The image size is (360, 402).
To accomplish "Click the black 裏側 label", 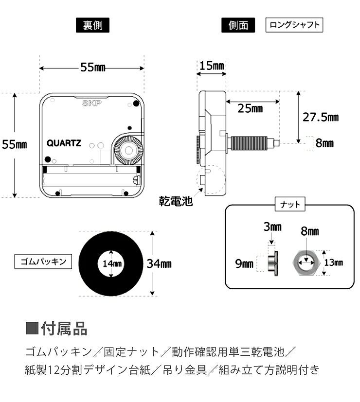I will click(x=92, y=25).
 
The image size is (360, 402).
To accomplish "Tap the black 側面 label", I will click(x=238, y=25).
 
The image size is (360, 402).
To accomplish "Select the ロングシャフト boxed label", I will click(x=294, y=25).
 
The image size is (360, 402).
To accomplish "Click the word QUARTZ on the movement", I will click(x=64, y=143).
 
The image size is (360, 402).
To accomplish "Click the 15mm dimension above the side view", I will click(x=212, y=66).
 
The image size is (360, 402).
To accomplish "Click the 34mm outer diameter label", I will click(x=159, y=264).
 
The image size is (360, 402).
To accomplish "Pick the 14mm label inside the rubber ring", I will click(x=112, y=264).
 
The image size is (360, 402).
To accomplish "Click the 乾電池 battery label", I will click(x=176, y=201).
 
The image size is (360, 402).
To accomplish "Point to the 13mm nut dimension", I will click(x=333, y=263).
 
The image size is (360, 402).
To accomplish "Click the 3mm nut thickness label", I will click(x=272, y=227).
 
